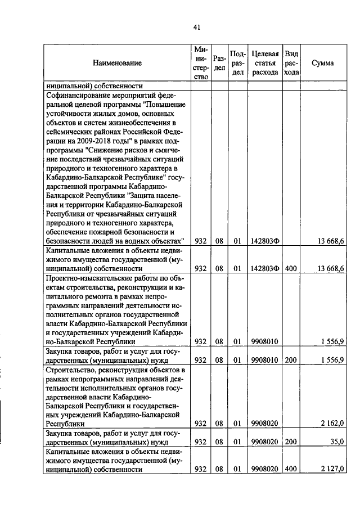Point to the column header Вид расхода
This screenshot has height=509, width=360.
pos(291,63)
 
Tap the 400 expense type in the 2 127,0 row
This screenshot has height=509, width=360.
pos(291,469)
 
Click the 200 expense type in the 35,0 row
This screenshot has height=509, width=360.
pos(291,442)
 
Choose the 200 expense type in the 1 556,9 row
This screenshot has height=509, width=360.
pos(291,359)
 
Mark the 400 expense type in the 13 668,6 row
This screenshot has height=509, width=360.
pos(291,268)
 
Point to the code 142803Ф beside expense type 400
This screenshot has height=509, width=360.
pos(265,268)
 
